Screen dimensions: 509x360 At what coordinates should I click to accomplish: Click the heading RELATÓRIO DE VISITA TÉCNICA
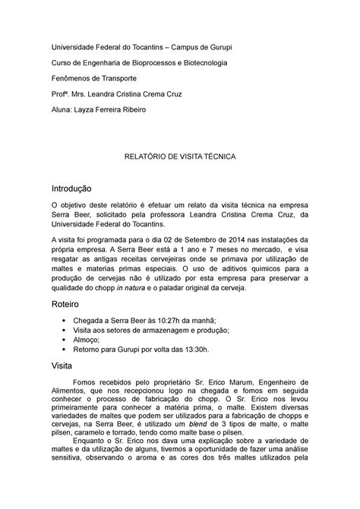[x=180, y=155]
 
